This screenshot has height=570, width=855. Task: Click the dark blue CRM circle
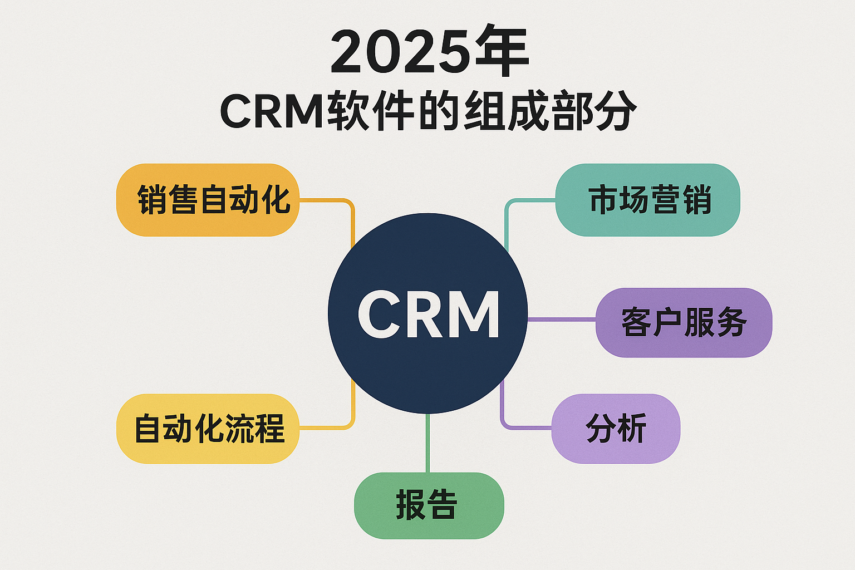point(427,313)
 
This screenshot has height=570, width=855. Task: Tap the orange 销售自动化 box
point(208,200)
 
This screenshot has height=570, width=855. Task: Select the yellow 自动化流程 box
point(208,429)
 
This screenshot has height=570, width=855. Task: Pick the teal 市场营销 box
point(648,200)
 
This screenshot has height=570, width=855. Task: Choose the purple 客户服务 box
point(684,323)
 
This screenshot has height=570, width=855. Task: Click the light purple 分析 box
point(616,429)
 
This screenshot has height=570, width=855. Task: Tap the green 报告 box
point(429,505)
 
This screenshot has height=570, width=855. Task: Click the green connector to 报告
point(427,443)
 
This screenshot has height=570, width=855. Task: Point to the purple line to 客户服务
point(562,319)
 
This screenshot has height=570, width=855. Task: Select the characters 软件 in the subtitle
point(371,110)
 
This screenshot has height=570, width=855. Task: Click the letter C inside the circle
point(379,314)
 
